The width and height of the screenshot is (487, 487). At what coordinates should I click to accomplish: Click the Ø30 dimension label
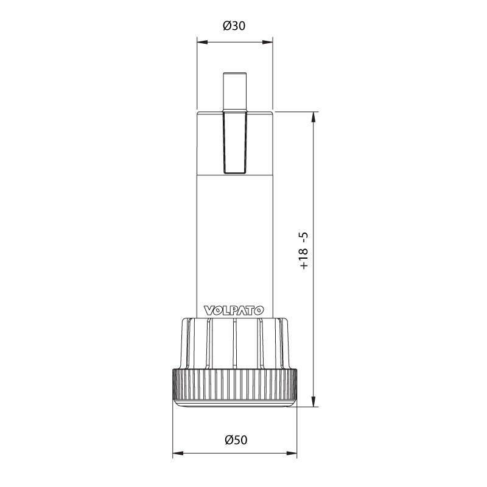234,26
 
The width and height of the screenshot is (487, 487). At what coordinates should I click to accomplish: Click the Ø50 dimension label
235,440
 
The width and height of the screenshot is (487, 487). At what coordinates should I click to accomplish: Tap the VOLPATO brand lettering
234,310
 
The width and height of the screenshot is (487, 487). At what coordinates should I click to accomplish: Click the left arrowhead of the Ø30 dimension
200,41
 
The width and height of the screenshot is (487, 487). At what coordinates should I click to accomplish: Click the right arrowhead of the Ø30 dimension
268,41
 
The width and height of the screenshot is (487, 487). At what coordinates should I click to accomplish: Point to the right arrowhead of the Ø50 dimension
293,454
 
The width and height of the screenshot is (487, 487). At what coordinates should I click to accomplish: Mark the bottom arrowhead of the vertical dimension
314,402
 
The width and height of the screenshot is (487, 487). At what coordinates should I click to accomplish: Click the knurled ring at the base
234,384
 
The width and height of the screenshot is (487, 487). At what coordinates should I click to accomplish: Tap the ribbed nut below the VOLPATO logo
234,344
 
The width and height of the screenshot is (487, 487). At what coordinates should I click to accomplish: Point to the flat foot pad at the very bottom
234,403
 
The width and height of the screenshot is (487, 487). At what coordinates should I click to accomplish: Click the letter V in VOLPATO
209,310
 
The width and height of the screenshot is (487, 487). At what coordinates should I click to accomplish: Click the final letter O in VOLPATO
260,310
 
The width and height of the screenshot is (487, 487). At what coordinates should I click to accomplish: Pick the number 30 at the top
239,26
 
